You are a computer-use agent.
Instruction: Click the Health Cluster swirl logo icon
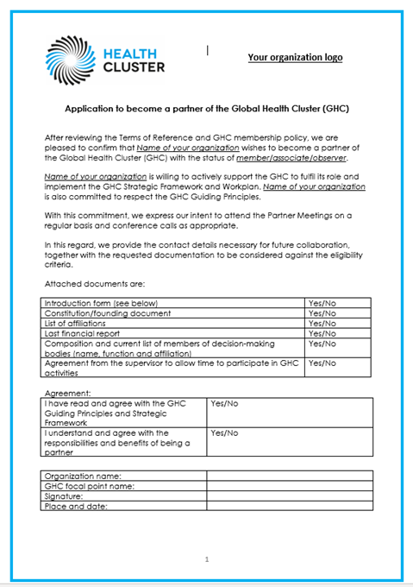(71, 59)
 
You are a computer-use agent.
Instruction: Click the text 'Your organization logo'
(295, 57)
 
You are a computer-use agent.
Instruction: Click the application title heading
(207, 110)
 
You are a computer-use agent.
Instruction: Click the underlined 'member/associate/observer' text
(292, 158)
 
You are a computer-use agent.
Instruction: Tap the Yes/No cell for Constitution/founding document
(322, 313)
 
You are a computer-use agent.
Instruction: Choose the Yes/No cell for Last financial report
(322, 333)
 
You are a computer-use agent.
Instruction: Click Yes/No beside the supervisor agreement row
(322, 364)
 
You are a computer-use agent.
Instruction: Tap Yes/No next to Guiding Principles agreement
(224, 403)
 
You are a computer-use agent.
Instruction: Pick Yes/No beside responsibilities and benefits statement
(224, 432)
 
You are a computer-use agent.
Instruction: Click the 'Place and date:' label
(76, 507)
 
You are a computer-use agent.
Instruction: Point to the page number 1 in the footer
(207, 559)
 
